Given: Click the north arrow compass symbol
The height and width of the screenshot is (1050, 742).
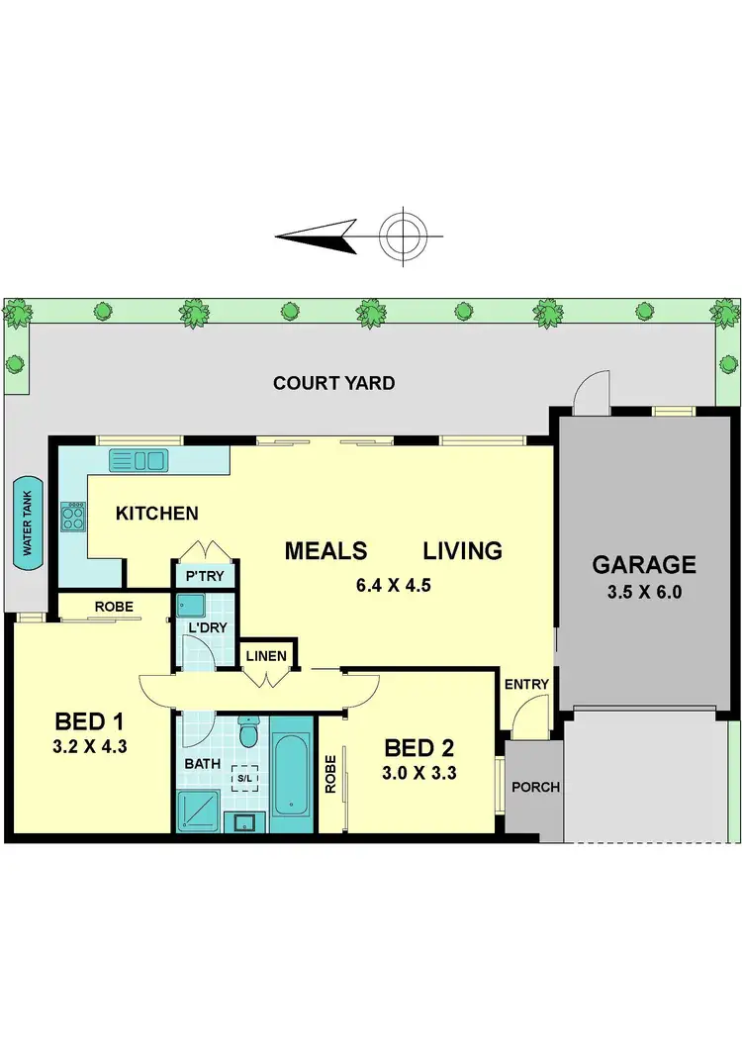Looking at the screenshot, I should point(403,237).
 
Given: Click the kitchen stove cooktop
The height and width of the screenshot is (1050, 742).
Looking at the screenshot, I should point(74,516).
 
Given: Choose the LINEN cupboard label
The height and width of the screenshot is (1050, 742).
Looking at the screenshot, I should point(267,656).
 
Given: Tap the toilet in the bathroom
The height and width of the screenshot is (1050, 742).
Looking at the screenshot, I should point(248,733).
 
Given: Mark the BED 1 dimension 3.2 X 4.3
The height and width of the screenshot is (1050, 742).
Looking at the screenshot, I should point(89,747).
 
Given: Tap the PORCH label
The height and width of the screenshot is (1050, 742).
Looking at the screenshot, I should point(534,788).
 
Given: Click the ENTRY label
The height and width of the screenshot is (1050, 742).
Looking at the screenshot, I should point(526,684).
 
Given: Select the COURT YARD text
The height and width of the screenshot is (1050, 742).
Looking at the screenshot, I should point(334,383).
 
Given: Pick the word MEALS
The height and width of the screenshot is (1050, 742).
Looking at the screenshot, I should point(325,551).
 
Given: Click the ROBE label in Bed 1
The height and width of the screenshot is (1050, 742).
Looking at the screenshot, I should point(115,606).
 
